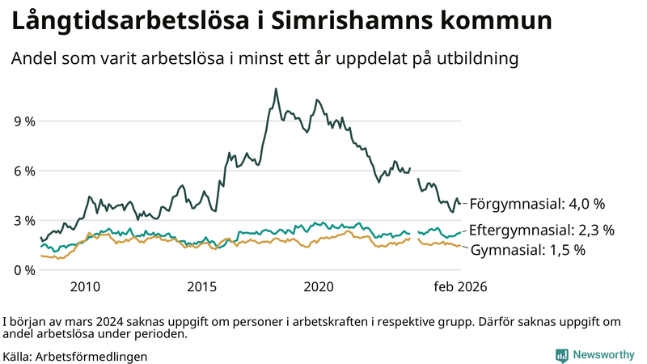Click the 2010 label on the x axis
85,287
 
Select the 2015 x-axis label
201,287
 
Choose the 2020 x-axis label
318,287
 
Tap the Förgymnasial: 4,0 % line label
537,203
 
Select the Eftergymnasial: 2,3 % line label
542,230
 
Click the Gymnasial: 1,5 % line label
527,250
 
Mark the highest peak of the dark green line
276,89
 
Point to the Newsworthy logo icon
561,355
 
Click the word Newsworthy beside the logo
603,355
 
